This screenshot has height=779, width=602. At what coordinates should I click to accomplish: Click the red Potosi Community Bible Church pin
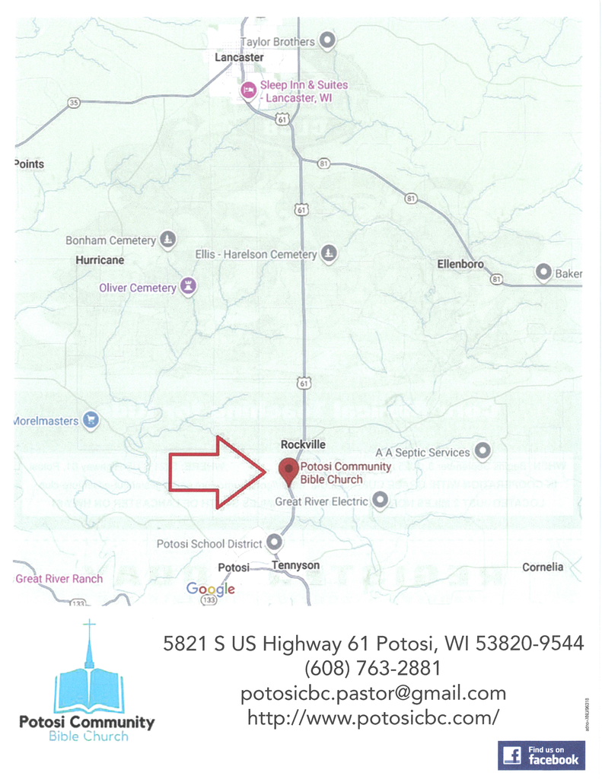coord(288,470)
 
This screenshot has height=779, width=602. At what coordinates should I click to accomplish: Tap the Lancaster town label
coord(239,57)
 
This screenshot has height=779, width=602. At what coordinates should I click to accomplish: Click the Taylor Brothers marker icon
coord(327,41)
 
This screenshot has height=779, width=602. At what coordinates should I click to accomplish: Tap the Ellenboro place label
coord(461,264)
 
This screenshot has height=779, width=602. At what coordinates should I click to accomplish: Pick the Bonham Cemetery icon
coord(168,240)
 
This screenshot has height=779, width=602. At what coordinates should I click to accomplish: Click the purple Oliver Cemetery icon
coord(188,287)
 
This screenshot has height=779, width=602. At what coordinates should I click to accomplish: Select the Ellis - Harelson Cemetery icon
coord(329,253)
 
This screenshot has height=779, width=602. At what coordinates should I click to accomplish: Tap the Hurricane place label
coord(100,260)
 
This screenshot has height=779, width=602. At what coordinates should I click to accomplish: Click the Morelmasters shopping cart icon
coord(91,419)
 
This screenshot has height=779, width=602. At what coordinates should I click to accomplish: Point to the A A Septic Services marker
coord(483,451)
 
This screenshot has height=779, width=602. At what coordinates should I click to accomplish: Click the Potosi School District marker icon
coord(274,543)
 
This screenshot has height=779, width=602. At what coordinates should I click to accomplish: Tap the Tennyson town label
coord(295,566)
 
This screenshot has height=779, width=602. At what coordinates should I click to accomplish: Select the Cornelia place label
coord(543,567)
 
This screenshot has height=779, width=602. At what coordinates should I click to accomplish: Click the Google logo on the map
coord(210,589)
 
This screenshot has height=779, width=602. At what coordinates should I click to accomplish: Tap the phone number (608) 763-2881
coord(373,669)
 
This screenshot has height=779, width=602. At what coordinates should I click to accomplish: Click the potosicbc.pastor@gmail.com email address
coord(373,693)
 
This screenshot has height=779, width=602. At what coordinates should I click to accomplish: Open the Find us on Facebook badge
coord(541,755)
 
